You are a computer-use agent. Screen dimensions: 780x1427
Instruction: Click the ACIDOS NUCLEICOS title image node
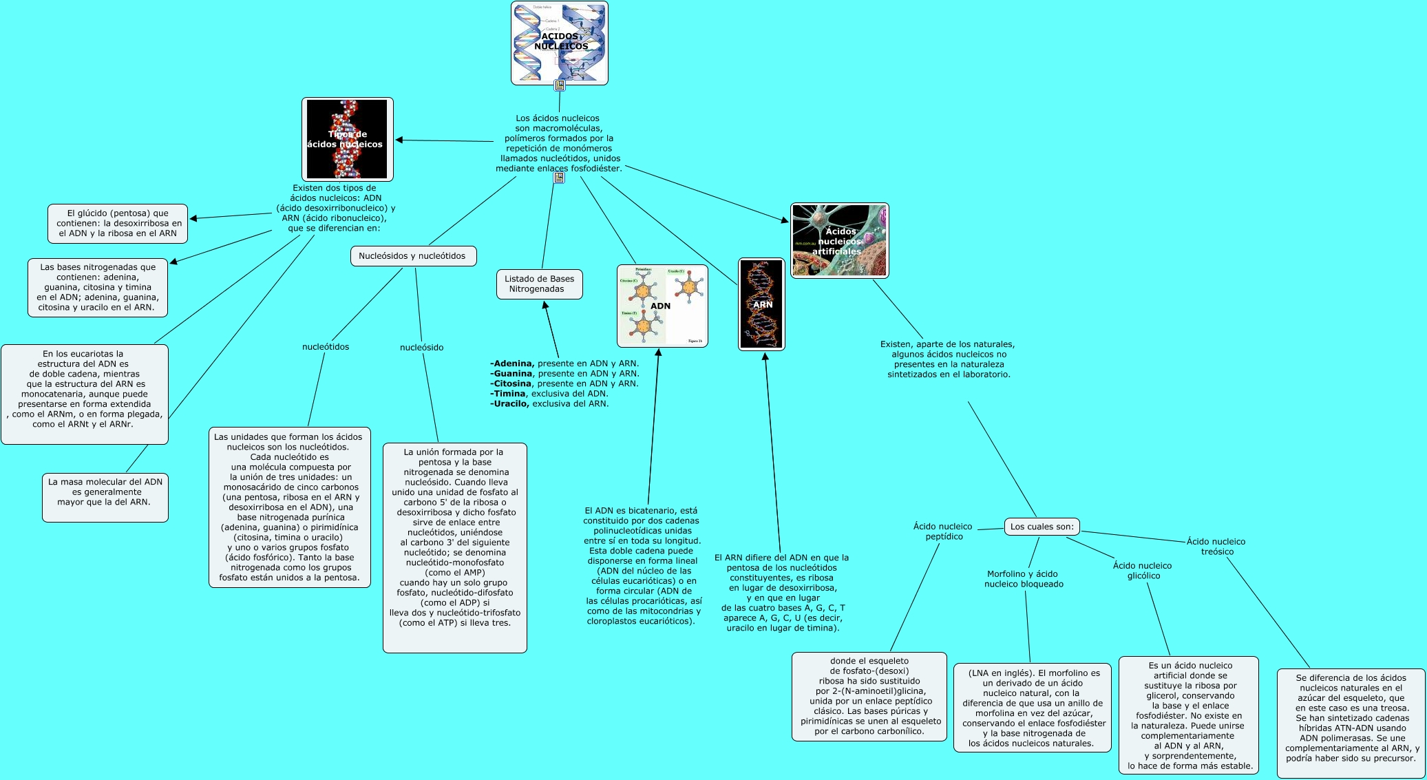pyautogui.click(x=559, y=43)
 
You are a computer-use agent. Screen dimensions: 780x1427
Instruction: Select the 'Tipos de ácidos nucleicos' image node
pyautogui.click(x=347, y=139)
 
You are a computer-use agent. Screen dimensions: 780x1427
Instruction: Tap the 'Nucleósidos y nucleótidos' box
pyautogui.click(x=412, y=256)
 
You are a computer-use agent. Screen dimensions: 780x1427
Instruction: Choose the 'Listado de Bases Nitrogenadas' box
pyautogui.click(x=539, y=284)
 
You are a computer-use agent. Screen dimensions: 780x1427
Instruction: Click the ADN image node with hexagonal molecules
pyautogui.click(x=662, y=306)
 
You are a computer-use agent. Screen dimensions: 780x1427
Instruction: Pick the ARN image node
pyautogui.click(x=761, y=304)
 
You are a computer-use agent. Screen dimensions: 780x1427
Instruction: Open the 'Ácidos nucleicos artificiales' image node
pyautogui.click(x=839, y=241)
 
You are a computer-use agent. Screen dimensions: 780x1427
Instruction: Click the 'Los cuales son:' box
pyautogui.click(x=1042, y=527)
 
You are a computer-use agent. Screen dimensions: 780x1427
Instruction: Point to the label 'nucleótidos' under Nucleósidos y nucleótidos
pyautogui.click(x=326, y=347)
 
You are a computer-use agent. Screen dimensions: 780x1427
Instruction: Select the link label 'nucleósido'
pyautogui.click(x=421, y=348)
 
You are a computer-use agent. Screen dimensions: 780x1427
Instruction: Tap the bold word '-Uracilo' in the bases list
pyautogui.click(x=510, y=403)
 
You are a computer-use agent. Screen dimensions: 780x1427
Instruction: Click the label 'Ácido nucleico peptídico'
pyautogui.click(x=942, y=531)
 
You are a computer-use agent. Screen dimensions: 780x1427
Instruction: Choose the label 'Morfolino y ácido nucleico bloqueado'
pyautogui.click(x=1023, y=579)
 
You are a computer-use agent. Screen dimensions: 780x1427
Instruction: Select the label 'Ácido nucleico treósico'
pyautogui.click(x=1216, y=547)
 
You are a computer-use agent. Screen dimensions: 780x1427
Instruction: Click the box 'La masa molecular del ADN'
pyautogui.click(x=105, y=492)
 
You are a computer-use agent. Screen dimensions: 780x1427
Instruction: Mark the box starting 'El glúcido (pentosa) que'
pyautogui.click(x=118, y=223)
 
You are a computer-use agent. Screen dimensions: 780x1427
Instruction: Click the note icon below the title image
pyautogui.click(x=560, y=85)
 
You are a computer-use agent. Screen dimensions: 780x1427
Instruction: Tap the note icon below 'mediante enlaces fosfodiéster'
pyautogui.click(x=559, y=178)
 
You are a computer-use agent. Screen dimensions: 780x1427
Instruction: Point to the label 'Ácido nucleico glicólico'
pyautogui.click(x=1142, y=571)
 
